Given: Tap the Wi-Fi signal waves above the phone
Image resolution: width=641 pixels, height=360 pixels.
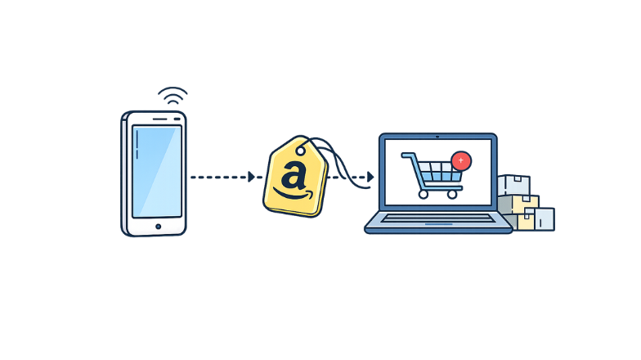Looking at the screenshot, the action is [173, 96].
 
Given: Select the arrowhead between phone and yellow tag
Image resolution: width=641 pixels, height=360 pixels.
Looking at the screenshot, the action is [252, 176].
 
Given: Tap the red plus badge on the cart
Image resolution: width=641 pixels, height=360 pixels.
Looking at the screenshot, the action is [461, 160].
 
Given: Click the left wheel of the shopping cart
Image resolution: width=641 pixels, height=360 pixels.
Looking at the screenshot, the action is [422, 195].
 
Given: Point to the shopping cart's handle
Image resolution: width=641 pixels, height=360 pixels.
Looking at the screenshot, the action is [406, 155].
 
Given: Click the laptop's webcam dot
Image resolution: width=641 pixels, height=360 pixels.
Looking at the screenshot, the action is [437, 137].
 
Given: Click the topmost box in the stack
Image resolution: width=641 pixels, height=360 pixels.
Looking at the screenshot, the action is [513, 185].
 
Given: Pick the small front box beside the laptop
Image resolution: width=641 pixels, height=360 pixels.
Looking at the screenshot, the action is [540, 218].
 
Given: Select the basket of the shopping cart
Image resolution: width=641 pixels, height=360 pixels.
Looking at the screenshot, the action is [437, 172].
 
